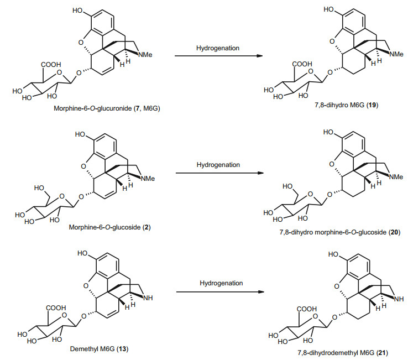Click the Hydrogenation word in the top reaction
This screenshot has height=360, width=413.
pos(218,48)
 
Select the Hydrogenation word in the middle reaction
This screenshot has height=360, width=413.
pos(218,165)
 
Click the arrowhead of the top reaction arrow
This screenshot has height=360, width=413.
pos(259,56)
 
